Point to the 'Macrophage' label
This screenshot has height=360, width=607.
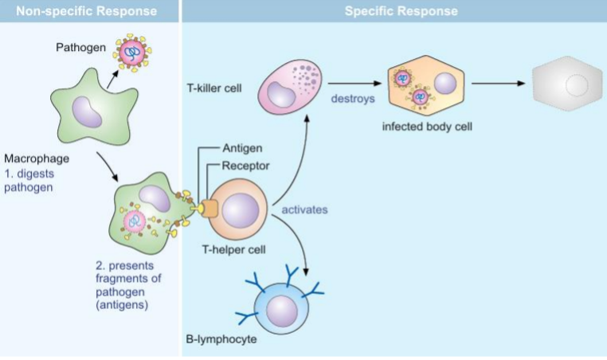tap(31, 158)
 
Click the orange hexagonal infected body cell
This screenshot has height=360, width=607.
tap(423, 86)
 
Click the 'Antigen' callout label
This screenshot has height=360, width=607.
tap(243, 148)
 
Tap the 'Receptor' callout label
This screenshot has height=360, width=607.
tap(246, 166)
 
